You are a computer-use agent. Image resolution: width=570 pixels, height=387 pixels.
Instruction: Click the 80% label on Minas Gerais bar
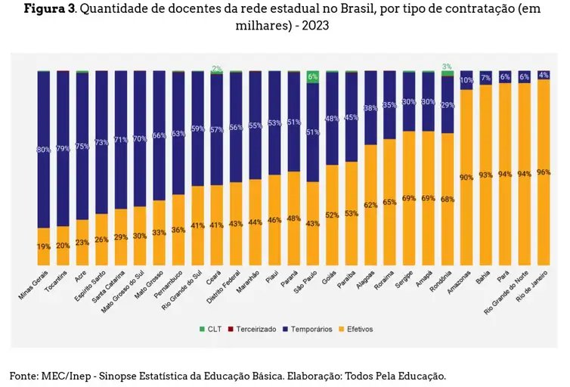point(43,150)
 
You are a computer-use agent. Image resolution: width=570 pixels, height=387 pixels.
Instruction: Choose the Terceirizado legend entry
point(252,329)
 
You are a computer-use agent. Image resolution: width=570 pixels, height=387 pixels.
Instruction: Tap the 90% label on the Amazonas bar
point(466,177)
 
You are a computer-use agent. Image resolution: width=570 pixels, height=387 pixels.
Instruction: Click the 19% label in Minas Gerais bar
point(43,246)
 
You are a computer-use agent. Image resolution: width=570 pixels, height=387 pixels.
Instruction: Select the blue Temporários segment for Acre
point(82,144)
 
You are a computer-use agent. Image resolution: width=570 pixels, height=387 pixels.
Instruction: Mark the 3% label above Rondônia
point(447,67)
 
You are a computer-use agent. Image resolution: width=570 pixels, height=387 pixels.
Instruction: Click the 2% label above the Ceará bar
point(216,68)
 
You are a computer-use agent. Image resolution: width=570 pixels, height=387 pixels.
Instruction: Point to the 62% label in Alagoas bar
point(370,205)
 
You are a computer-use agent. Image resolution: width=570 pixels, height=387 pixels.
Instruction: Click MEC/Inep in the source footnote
point(65,376)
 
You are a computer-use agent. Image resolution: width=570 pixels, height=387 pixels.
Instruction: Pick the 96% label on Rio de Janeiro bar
point(544,172)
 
